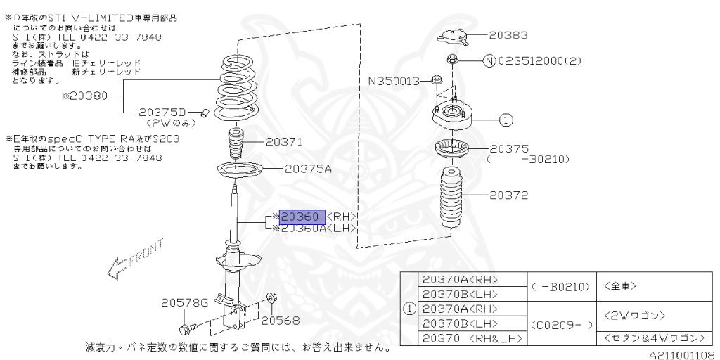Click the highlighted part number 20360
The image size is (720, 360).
coord(302,217)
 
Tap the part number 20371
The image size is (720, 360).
coord(284,142)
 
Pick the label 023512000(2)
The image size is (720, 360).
coord(537,61)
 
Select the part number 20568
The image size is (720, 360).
coord(281,321)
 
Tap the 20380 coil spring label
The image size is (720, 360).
coord(85,96)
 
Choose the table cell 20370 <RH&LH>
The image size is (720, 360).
coord(470,338)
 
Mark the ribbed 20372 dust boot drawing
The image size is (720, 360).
coord(447,199)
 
